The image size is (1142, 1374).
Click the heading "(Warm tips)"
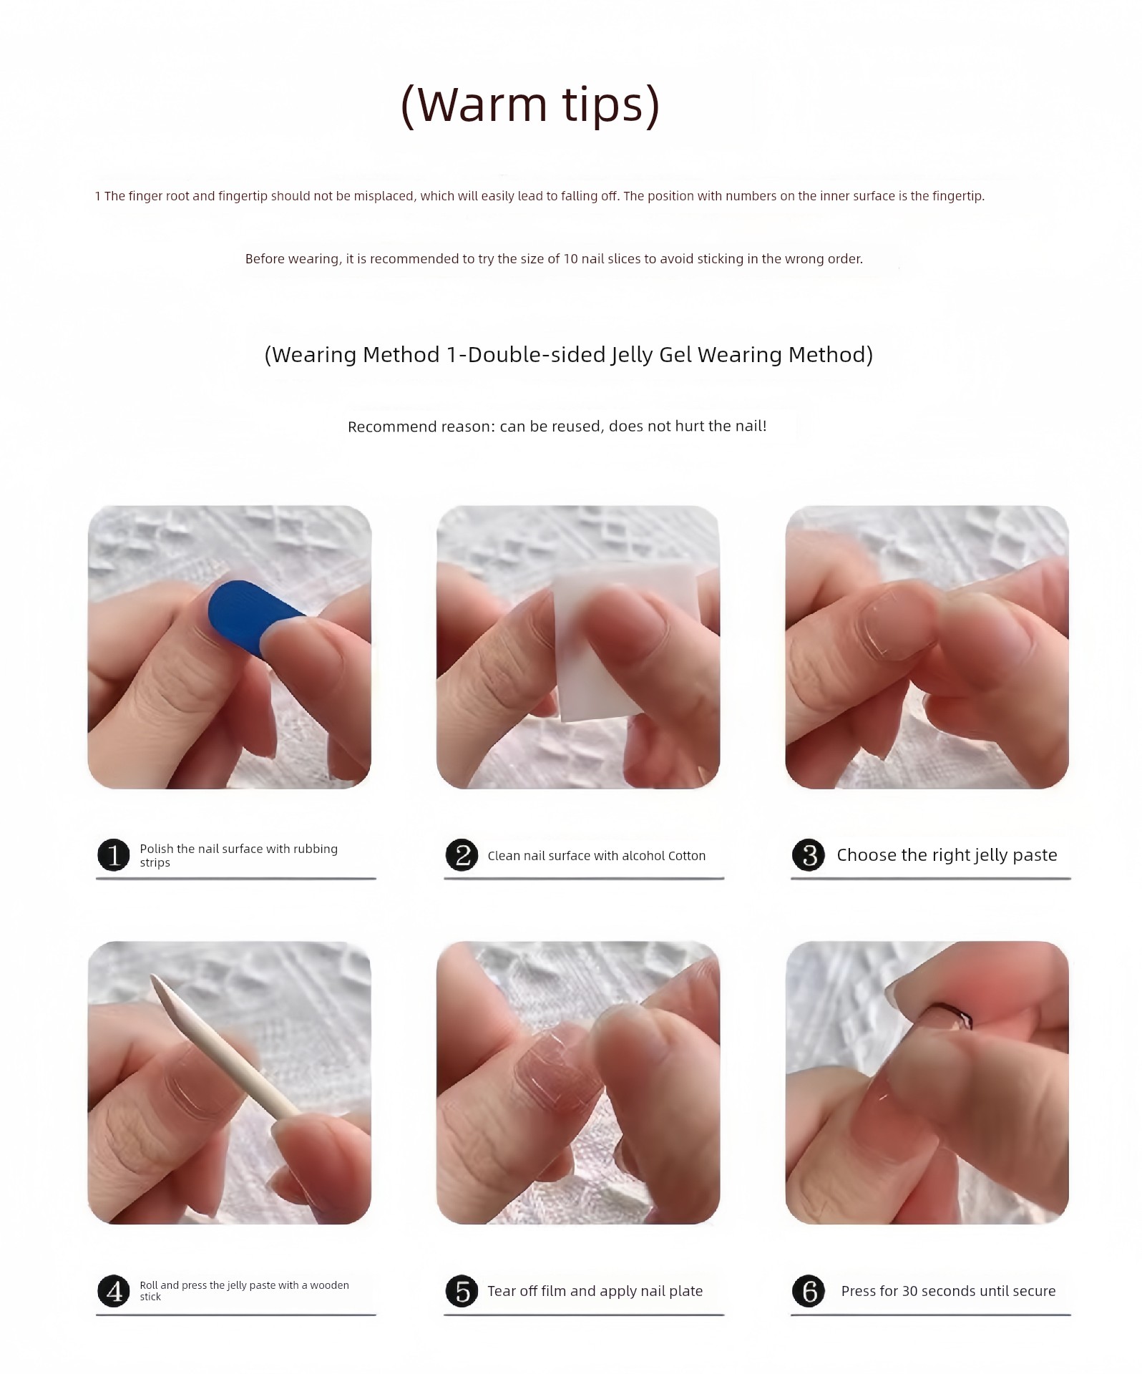(x=530, y=105)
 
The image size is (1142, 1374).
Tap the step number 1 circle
(x=113, y=855)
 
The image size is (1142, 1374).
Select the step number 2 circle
(x=462, y=855)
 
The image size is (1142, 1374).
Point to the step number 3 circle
(x=809, y=855)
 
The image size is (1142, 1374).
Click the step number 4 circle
(x=113, y=1291)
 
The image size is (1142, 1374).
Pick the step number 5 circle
(x=462, y=1291)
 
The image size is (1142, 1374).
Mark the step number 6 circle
(x=809, y=1291)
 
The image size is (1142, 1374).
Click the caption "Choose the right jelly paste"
(x=947, y=855)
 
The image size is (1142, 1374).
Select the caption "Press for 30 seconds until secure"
(x=948, y=1291)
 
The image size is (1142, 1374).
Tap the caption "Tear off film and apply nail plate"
(x=595, y=1291)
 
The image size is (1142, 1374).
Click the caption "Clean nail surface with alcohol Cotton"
(x=596, y=856)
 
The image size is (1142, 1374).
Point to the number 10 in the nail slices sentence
(x=570, y=259)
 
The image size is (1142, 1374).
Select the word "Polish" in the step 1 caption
(x=156, y=849)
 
